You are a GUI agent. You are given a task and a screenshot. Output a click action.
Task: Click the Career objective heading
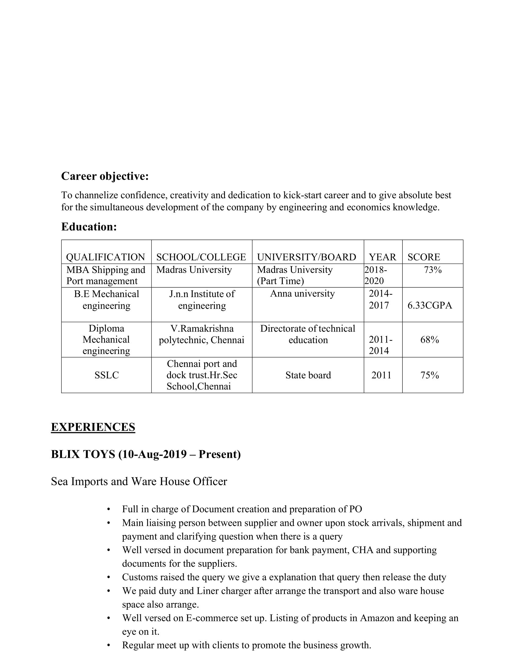105,176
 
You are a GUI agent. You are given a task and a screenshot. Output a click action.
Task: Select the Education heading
89,227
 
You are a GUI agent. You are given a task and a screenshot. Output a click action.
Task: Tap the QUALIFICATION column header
105,257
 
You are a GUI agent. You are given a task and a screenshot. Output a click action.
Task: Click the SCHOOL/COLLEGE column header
201,257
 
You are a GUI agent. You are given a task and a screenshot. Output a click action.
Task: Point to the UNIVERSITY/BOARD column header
307,257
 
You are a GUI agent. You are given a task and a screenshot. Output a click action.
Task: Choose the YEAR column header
383,257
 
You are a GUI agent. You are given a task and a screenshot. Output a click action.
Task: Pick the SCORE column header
424,257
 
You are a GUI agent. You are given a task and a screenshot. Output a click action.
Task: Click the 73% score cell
433,270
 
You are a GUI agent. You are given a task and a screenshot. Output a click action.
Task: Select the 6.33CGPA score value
430,305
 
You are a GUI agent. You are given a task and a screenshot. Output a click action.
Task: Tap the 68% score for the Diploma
430,340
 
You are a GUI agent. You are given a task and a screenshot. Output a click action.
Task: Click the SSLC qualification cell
106,375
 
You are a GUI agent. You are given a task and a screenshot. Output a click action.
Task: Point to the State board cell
308,375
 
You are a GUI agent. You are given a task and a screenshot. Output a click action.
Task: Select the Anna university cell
302,294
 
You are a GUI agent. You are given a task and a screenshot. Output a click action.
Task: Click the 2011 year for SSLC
381,375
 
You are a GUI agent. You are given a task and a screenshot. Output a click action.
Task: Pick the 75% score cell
430,375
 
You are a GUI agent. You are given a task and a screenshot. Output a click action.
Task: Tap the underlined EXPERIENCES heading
93,427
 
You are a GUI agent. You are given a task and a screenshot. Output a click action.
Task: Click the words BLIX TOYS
83,454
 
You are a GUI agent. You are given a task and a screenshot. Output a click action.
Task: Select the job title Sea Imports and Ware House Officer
139,481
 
